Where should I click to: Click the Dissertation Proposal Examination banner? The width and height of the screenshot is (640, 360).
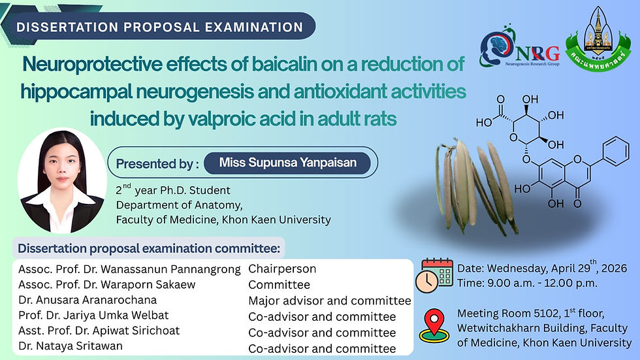[159, 27]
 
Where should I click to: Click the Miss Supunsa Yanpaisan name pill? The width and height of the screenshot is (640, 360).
[288, 163]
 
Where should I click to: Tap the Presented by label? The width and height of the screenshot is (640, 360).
[157, 164]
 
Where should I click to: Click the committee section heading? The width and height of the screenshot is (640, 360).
[148, 249]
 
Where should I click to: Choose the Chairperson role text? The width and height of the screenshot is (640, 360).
[282, 269]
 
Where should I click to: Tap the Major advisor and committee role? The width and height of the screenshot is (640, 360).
[330, 301]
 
